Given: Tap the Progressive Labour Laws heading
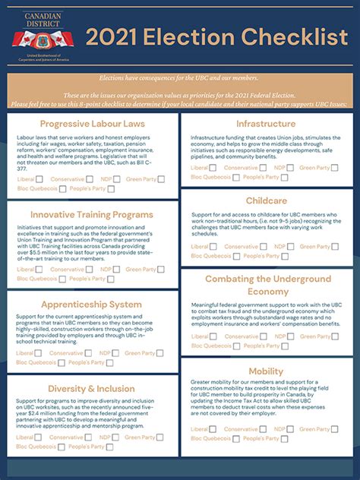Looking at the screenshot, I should [x=92, y=124].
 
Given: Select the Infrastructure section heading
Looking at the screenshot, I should [x=265, y=124].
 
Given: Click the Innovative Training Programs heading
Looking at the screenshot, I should [x=92, y=215].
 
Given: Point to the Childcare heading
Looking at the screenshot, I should [x=266, y=201].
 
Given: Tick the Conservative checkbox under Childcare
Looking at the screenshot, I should [x=265, y=247].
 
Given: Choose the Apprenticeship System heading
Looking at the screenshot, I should [x=92, y=305].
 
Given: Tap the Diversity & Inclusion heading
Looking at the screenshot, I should [x=92, y=390].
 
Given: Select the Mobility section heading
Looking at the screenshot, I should [x=266, y=371].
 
